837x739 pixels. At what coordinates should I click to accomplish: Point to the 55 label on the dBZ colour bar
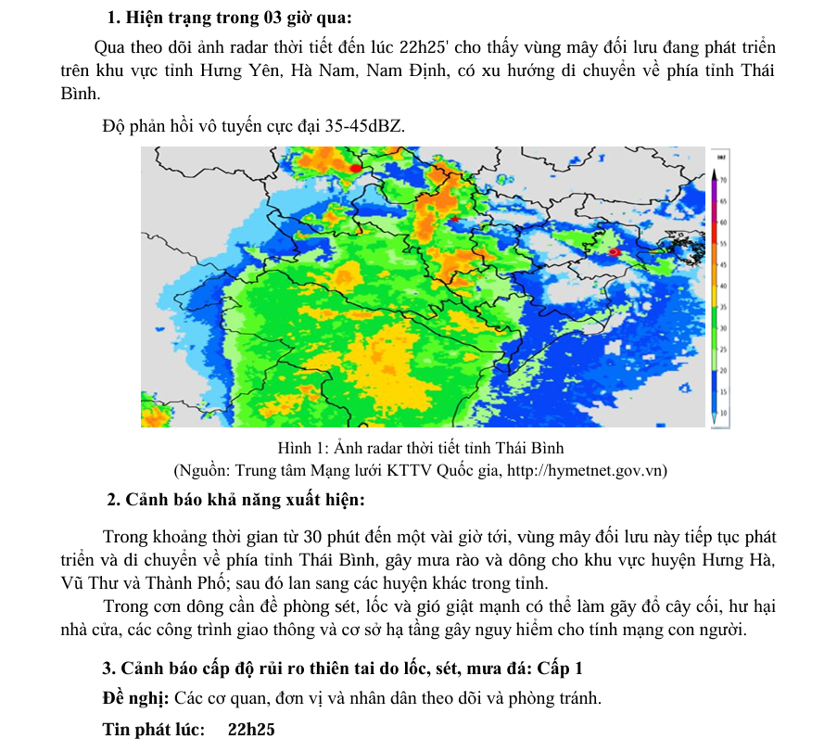[x=722, y=243]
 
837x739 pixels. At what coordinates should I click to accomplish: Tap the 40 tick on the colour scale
[x=722, y=287]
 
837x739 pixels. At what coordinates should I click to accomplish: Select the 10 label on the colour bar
[x=722, y=411]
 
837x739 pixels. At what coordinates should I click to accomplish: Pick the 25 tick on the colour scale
[x=722, y=350]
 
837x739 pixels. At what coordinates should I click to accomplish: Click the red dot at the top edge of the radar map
[x=356, y=168]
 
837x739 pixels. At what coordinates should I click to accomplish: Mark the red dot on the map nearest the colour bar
[x=614, y=252]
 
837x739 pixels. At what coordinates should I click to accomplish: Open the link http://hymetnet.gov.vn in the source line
[x=587, y=470]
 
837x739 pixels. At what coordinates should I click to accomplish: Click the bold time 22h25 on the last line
[x=251, y=730]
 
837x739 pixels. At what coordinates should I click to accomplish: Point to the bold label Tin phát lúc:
[x=153, y=730]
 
